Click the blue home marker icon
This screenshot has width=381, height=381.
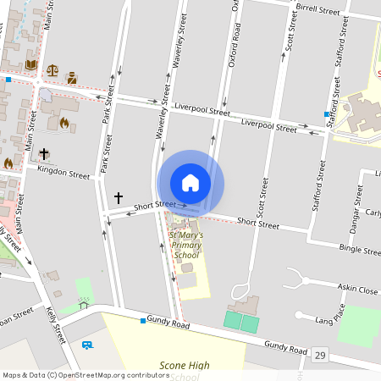pyautogui.click(x=190, y=183)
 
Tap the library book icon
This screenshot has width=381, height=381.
pyautogui.click(x=31, y=63)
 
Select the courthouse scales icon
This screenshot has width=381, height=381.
pyautogui.click(x=52, y=71)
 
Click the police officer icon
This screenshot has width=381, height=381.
pyautogui.click(x=71, y=78)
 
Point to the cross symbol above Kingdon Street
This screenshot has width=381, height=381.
pyautogui.click(x=43, y=155)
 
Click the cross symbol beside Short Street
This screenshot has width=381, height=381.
pyautogui.click(x=119, y=197)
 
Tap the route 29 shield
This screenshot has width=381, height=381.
pyautogui.click(x=319, y=354)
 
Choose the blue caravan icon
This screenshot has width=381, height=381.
pyautogui.click(x=86, y=345)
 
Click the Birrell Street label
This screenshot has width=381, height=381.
pyautogui.click(x=317, y=10)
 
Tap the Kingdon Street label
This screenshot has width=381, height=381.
pyautogui.click(x=63, y=172)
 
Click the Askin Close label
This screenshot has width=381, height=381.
pyautogui.click(x=356, y=289)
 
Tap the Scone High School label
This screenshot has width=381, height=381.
pyautogui.click(x=184, y=370)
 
